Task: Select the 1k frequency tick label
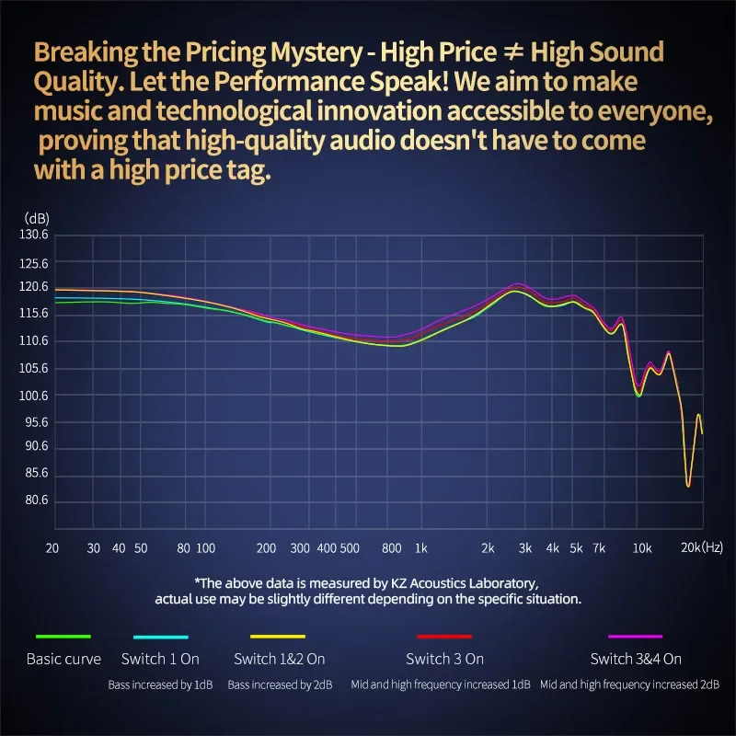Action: point(420,547)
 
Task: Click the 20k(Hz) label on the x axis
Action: point(701,547)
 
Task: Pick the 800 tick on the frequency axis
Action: point(392,547)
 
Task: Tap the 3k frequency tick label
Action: point(524,547)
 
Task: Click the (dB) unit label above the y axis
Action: point(37,218)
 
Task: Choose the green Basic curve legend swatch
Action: point(63,637)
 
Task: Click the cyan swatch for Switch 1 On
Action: point(160,637)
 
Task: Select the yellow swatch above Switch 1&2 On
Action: point(277,637)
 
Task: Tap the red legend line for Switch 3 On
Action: point(444,637)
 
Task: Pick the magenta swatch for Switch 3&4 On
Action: point(636,637)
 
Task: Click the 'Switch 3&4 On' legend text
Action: point(636,659)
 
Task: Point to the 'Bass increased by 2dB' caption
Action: point(280,684)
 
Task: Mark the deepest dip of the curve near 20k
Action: point(688,485)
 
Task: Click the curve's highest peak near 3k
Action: point(517,286)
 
